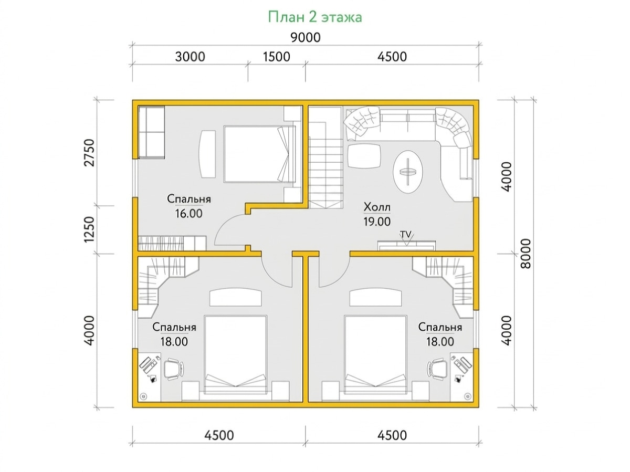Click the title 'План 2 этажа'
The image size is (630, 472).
315,17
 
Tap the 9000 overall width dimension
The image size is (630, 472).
306,38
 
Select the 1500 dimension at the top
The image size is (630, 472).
276,57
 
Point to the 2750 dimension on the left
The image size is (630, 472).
89,152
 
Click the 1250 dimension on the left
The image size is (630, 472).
89,229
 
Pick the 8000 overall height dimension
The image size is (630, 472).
526,254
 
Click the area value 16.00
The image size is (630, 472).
188,214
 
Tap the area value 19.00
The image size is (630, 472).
377,222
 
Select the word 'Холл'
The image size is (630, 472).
377,207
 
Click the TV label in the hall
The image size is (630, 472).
406,234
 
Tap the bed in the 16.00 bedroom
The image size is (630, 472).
259,154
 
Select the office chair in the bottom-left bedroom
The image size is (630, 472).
174,369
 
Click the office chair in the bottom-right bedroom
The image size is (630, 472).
437,369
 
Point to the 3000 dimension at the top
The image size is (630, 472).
190,57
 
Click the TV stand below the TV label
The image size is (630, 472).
406,245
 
